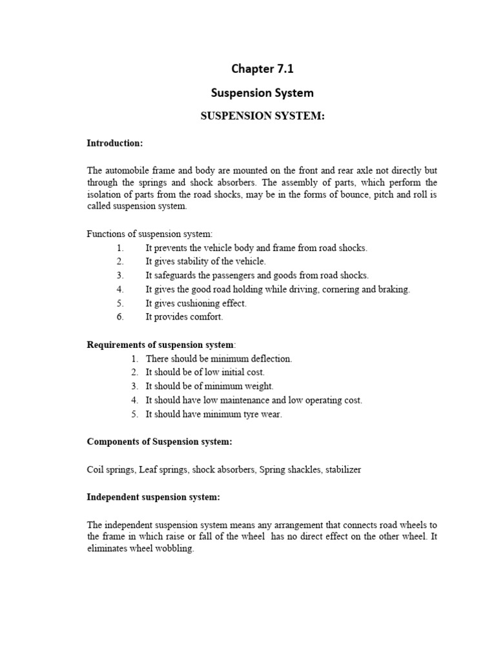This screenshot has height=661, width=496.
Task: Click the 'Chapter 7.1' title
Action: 262,68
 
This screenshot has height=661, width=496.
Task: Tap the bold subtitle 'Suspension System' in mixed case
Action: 262,92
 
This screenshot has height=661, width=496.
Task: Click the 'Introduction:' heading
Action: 115,143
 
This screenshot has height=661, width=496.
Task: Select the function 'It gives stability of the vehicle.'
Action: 205,261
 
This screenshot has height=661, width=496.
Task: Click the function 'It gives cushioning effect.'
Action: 196,303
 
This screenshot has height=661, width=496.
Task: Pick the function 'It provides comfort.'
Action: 184,317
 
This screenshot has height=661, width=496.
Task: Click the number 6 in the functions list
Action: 120,317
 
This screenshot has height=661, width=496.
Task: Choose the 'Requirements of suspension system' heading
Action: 161,345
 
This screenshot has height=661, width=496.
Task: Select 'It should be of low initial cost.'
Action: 205,372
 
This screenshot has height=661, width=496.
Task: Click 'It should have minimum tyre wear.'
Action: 214,414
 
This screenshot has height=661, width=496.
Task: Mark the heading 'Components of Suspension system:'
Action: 160,442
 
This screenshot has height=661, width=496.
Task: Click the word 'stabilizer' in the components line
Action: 341,469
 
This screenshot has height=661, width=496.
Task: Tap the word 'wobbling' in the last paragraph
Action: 174,549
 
